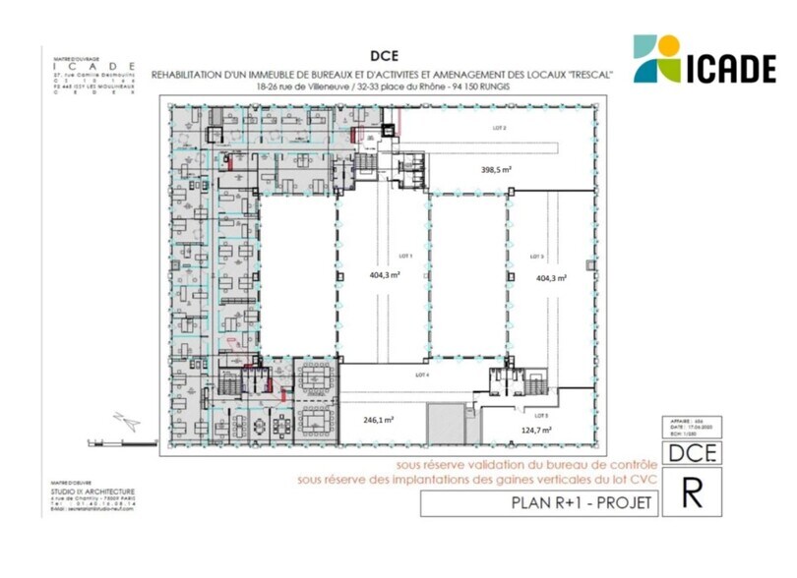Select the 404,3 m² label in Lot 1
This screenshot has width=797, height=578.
(384, 277)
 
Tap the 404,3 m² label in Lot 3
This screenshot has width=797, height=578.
(552, 278)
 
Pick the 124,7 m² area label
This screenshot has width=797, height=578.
(535, 430)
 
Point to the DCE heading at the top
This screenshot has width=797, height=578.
(385, 56)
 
